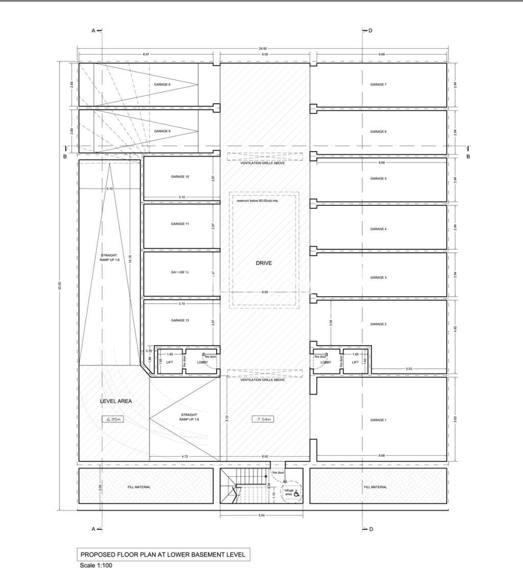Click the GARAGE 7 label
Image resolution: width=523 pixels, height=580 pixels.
[x=378, y=84]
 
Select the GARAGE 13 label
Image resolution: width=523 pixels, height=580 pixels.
[x=180, y=320]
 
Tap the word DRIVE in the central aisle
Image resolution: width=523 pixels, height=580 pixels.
[x=264, y=263]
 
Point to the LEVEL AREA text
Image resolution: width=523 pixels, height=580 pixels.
[x=115, y=401]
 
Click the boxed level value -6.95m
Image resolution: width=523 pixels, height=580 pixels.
[x=112, y=419]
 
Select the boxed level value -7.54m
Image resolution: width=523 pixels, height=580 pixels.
[x=264, y=419]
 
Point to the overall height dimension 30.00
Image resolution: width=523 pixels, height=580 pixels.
[x=60, y=286]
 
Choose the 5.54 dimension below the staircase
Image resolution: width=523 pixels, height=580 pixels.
[x=261, y=516]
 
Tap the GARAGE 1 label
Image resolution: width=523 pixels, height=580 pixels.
[x=378, y=420]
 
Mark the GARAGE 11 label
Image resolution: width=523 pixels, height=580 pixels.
[x=180, y=224]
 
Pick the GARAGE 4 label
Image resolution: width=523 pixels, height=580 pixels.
[x=378, y=229]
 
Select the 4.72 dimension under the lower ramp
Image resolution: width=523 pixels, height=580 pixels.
[x=185, y=456]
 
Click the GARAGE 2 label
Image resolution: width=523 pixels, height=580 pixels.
[x=378, y=324]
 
